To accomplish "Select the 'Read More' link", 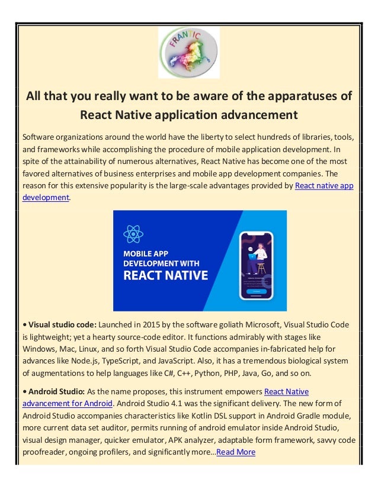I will pos(236,452).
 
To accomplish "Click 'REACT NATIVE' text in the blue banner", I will pos(165,275).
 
